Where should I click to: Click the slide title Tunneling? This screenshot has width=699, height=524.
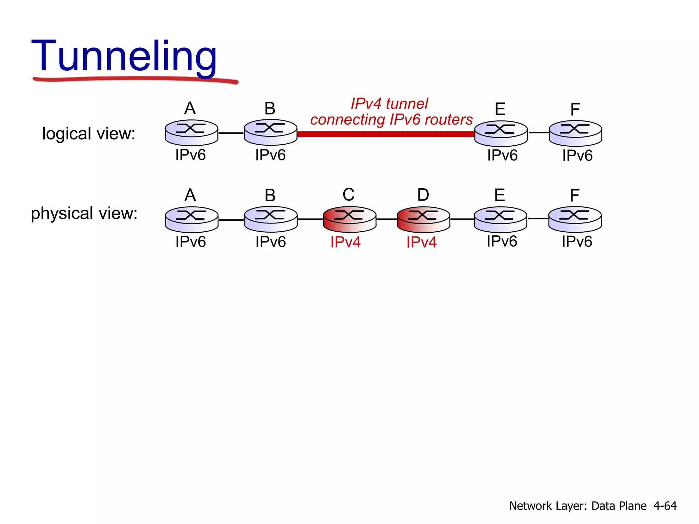[x=124, y=56]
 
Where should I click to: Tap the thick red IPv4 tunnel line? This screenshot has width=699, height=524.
[x=386, y=134]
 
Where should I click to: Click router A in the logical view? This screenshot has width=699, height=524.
[x=191, y=132]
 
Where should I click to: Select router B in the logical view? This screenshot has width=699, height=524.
[x=271, y=132]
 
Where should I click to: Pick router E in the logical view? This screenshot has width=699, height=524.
[x=501, y=133]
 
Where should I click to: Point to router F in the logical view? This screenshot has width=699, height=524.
[x=575, y=133]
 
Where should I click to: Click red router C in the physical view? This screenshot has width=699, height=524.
[x=349, y=219]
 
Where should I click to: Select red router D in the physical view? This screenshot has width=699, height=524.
[x=423, y=219]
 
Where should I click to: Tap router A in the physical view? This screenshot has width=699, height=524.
[x=191, y=219]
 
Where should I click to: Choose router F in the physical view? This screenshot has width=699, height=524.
[x=575, y=219]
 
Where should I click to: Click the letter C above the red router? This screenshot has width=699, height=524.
[x=348, y=195]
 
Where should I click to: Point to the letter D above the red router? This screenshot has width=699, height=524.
[x=423, y=195]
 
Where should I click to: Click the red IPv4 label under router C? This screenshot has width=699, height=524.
[x=345, y=242]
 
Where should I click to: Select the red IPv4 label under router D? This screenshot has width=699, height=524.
[x=422, y=242]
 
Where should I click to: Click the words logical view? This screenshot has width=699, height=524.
[x=88, y=133]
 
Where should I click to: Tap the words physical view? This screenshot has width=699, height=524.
[x=84, y=213]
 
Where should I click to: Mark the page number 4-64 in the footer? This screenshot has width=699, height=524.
[x=665, y=506]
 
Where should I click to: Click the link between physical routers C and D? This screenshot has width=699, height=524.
[x=387, y=219]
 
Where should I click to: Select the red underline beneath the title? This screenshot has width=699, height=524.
[x=135, y=79]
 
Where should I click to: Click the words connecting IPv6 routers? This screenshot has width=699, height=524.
[x=391, y=120]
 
